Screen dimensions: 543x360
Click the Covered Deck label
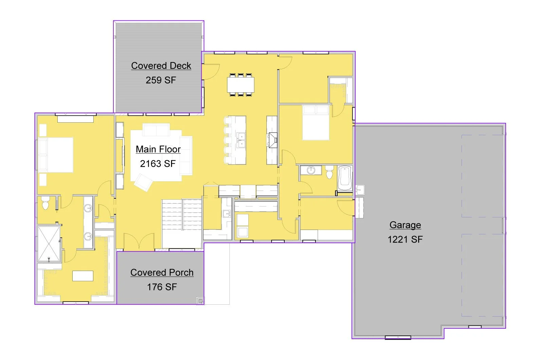click(161, 66)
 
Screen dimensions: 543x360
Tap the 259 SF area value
click(161, 80)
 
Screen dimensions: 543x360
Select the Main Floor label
click(158, 149)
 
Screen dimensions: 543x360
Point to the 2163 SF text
click(158, 164)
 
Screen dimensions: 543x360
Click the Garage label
click(405, 225)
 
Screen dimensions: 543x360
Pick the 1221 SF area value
click(405, 239)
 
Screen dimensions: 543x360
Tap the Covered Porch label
click(162, 272)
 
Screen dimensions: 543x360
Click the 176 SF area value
click(162, 287)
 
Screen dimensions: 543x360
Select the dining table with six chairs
click(241, 85)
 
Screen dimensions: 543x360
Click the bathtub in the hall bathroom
click(345, 178)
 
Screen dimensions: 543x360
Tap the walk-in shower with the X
click(49, 244)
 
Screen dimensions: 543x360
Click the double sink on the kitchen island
click(241, 140)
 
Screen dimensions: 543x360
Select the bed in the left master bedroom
click(56, 155)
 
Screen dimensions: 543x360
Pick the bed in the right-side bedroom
click(316, 123)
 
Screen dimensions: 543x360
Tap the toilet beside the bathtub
click(329, 172)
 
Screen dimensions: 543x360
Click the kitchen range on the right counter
click(273, 140)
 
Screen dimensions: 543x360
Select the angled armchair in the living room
click(143, 182)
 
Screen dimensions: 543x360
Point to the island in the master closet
click(83, 276)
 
